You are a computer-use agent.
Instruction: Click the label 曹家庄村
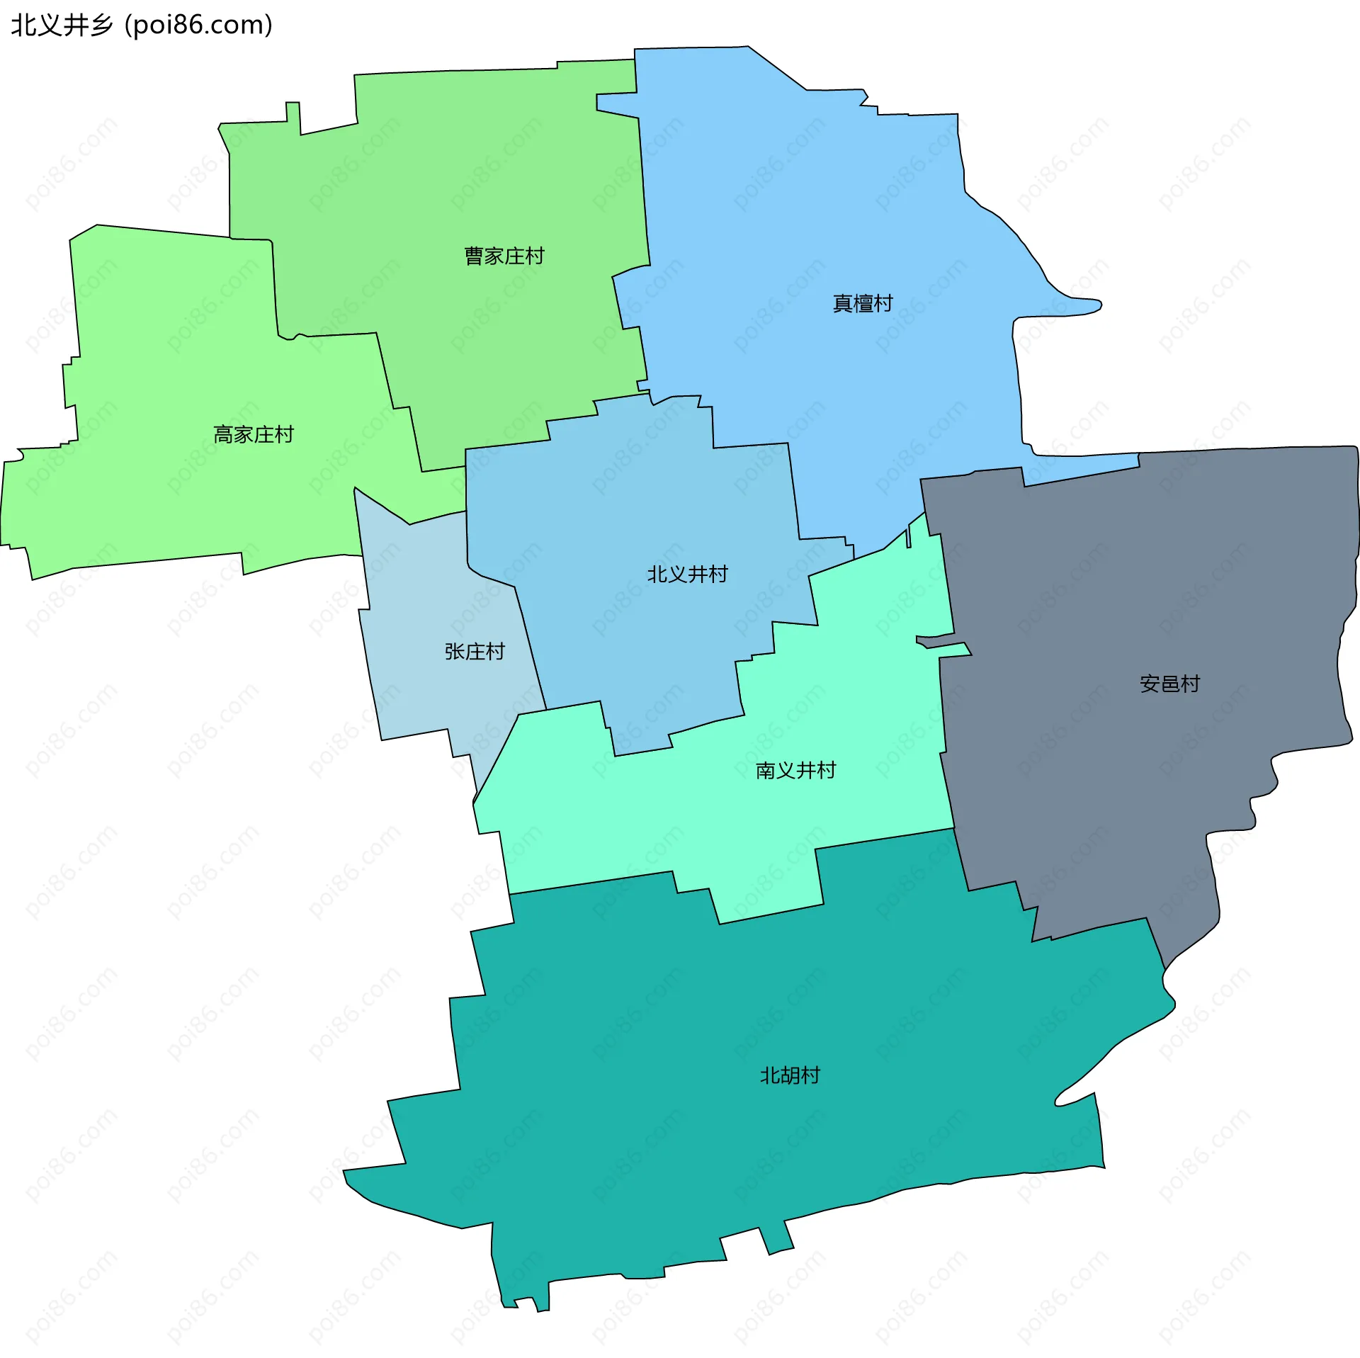504,256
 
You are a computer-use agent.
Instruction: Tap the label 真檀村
862,303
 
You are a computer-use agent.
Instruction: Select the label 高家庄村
254,434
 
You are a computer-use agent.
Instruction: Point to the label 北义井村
687,574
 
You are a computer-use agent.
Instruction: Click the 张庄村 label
475,651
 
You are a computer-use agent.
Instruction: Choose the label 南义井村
795,770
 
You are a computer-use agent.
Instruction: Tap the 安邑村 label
1169,684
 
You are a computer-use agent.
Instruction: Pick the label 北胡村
790,1075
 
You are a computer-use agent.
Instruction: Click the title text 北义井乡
62,25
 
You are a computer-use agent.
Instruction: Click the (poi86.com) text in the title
198,25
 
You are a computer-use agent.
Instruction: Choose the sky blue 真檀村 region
815,213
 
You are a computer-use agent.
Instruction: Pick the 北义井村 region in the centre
637,510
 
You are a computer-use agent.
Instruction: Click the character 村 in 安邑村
1190,684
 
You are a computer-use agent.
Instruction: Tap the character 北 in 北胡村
770,1075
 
